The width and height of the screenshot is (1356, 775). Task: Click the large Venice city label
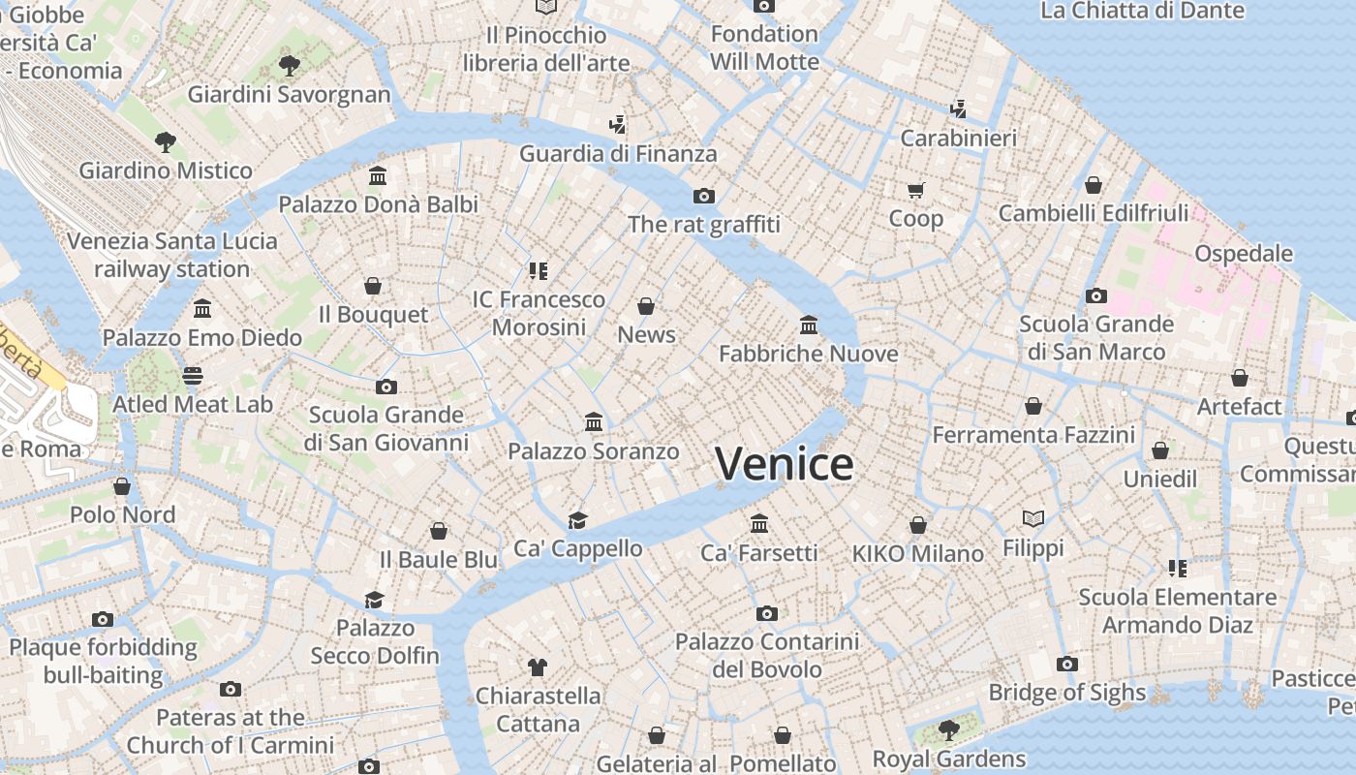(785, 464)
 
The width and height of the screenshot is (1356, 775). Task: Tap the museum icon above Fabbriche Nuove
(809, 325)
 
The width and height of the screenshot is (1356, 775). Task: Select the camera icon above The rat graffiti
(704, 196)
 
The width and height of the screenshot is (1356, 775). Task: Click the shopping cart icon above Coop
(915, 190)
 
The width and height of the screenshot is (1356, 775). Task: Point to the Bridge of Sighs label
(1066, 693)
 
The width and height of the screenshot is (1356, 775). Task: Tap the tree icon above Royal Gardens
(948, 728)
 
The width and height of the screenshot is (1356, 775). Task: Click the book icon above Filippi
(1033, 519)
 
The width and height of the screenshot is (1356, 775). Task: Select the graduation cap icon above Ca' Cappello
(578, 520)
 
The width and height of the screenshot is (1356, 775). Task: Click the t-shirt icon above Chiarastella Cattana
(538, 666)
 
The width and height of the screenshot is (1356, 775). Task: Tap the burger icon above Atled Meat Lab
(193, 375)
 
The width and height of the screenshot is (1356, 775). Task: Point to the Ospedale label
(1244, 254)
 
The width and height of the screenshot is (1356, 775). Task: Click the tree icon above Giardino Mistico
(166, 142)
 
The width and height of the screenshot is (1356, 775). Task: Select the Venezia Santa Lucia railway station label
(172, 255)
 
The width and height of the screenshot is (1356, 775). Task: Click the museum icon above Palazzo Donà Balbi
(378, 176)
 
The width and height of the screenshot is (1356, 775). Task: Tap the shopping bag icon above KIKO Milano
(917, 525)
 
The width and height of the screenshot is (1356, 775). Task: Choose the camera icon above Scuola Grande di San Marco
(1096, 295)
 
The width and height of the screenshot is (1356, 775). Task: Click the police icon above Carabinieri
(958, 109)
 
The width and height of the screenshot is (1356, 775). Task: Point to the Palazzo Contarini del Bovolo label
(767, 655)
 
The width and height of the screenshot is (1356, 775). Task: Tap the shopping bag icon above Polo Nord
(122, 485)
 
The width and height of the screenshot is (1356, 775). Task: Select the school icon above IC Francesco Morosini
(539, 270)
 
